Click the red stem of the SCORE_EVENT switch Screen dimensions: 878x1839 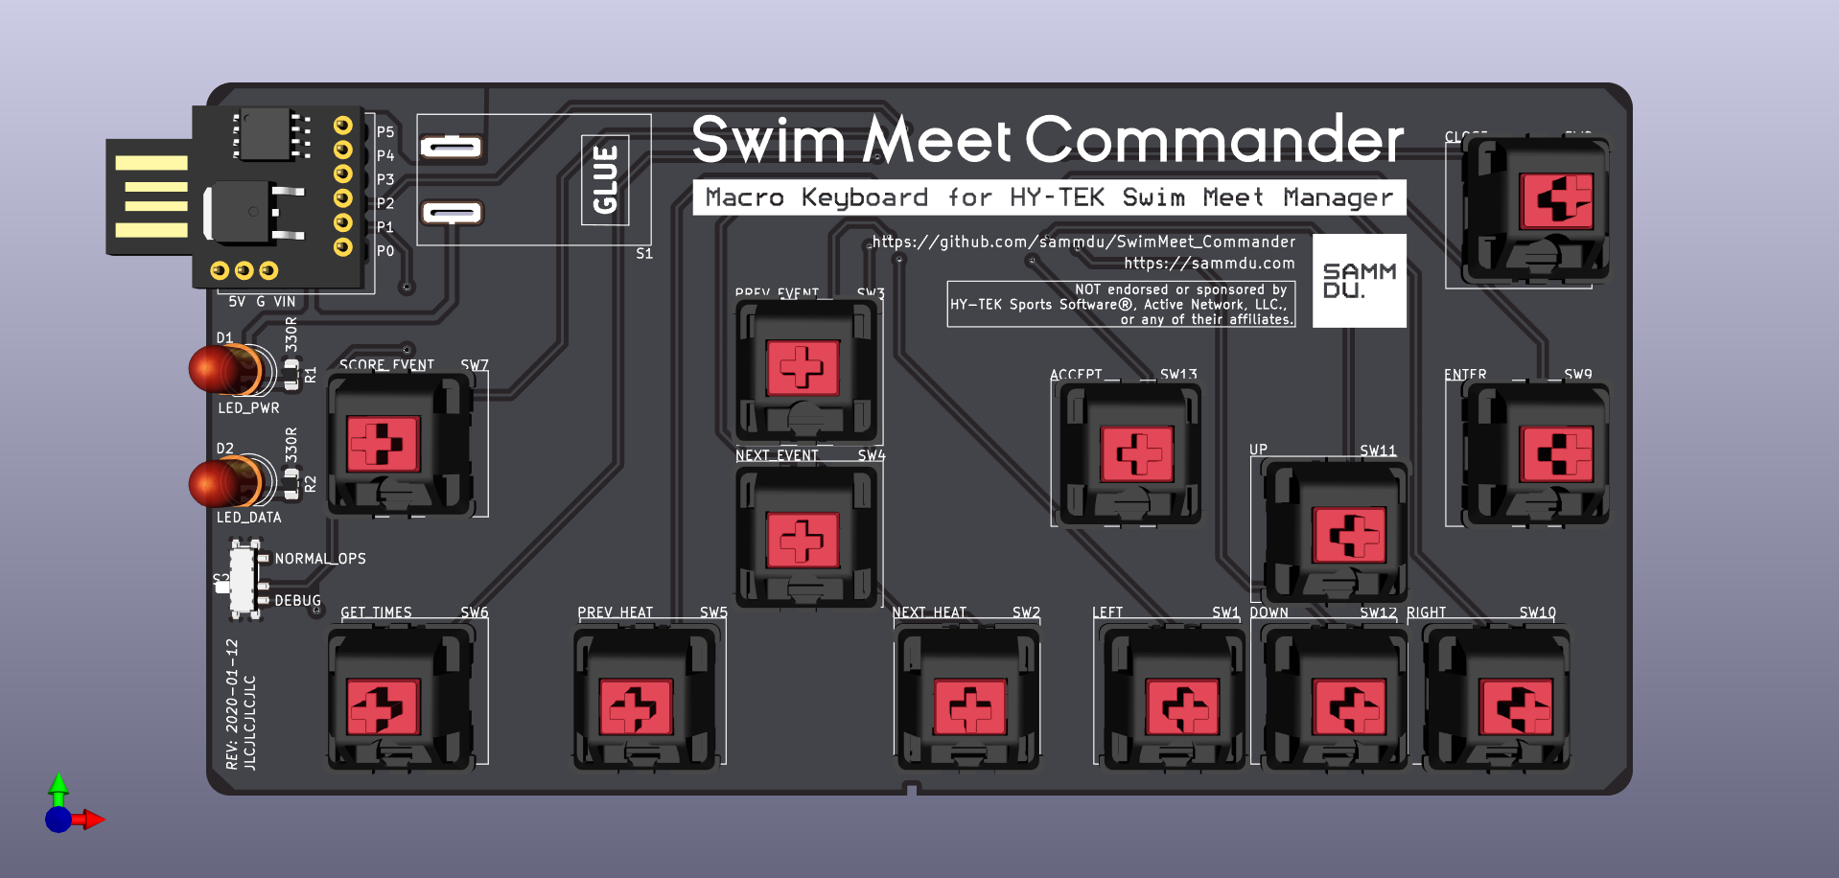[x=383, y=444]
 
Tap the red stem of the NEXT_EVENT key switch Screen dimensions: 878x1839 [x=803, y=539]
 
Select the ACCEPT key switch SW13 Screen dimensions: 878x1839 [x=1131, y=453]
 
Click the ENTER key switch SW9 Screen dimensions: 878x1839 [x=1537, y=453]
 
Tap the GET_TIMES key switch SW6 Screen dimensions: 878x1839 [x=401, y=698]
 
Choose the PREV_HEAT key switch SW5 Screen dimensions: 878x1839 [x=646, y=698]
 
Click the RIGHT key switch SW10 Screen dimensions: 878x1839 [x=1497, y=698]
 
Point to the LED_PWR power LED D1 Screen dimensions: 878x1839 [x=226, y=370]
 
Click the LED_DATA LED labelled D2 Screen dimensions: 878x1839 [x=226, y=481]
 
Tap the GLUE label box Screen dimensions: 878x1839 [x=605, y=179]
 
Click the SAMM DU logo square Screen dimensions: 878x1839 [x=1359, y=281]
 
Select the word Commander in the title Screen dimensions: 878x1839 [x=1214, y=140]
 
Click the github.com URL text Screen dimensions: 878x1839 [x=1083, y=242]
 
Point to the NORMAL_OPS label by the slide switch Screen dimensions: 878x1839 [x=320, y=558]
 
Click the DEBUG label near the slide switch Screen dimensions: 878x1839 [x=297, y=600]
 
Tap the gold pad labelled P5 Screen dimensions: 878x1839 [x=342, y=126]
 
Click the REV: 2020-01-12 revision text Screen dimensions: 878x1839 [x=232, y=704]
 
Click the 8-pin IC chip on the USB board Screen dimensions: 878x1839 [x=265, y=134]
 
